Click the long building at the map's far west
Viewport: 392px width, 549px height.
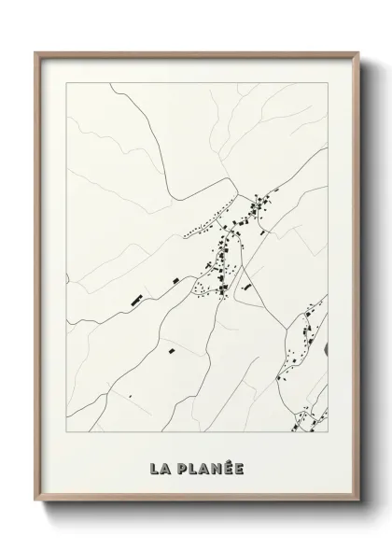tap(137, 301)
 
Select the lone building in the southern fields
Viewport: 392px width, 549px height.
tap(171, 351)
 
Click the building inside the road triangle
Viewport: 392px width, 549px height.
tap(246, 289)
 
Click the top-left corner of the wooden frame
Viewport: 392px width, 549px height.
tap(35, 52)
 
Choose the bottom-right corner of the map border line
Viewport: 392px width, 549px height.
tap(328, 435)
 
